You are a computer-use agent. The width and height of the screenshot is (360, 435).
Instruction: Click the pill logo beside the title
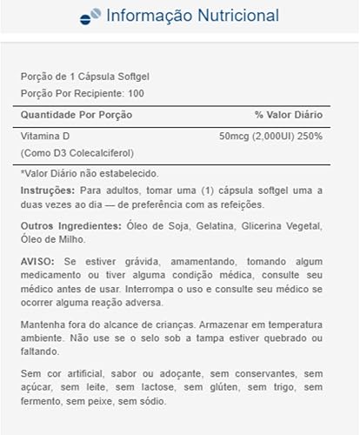point(90,17)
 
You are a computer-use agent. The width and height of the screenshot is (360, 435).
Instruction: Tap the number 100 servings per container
point(137,92)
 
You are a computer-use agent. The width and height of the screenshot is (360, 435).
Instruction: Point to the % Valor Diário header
point(289,115)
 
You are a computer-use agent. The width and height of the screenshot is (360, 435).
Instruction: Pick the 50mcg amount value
point(234,137)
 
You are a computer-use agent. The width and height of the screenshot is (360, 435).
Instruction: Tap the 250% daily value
point(310,137)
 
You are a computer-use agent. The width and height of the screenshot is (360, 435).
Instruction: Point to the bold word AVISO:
point(37,263)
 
